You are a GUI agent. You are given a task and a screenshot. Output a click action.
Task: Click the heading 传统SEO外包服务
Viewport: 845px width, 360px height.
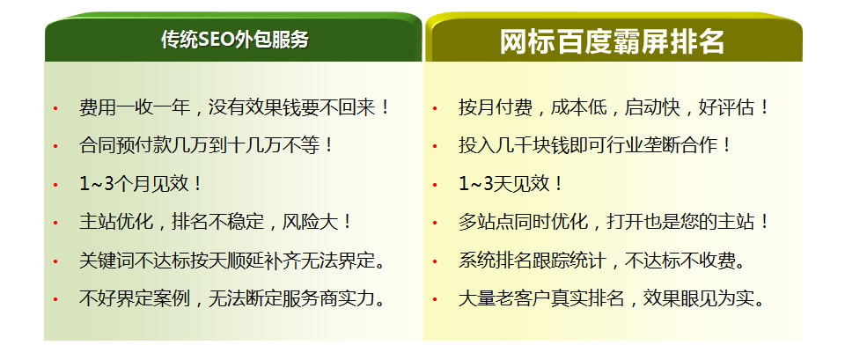(x=235, y=40)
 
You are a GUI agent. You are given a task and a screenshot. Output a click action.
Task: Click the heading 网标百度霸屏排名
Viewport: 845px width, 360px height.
(x=613, y=42)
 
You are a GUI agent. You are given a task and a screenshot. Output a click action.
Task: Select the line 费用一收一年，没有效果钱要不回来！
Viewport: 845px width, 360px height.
(x=234, y=107)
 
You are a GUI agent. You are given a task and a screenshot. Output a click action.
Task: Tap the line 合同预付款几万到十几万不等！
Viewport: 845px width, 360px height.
(x=206, y=146)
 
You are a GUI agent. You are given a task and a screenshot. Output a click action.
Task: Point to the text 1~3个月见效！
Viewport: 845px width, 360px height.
(x=141, y=184)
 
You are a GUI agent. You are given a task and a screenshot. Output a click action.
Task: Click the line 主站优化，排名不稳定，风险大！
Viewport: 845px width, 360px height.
(x=216, y=223)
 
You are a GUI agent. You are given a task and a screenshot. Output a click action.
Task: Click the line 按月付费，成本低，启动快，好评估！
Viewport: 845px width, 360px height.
(x=614, y=107)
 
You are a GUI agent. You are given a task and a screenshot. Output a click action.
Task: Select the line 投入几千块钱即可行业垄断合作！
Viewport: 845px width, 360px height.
(x=596, y=146)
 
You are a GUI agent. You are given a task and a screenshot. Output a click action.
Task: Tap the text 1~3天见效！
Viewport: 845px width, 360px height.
(x=511, y=184)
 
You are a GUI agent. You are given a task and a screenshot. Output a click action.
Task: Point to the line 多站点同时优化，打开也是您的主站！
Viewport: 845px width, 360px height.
(x=614, y=223)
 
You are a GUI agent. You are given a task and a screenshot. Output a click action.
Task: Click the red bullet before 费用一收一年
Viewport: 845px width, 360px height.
(x=55, y=109)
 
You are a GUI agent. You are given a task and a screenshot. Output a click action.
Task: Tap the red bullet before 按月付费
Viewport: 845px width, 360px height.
(x=435, y=109)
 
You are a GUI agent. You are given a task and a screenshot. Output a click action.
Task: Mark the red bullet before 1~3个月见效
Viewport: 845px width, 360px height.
(x=55, y=186)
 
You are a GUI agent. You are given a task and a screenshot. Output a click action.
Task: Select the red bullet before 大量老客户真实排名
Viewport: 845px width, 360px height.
(x=435, y=300)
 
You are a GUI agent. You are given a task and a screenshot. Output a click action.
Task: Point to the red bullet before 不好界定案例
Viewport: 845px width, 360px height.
(x=55, y=300)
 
